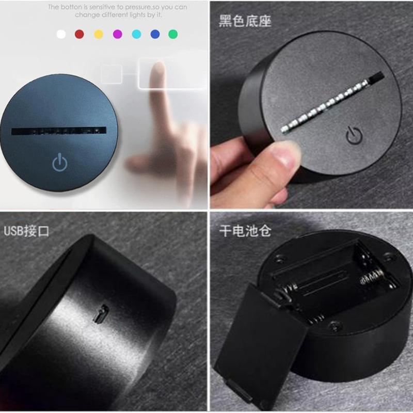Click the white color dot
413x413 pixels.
point(61,34)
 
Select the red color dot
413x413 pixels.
point(80,34)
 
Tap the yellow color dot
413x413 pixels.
point(99,34)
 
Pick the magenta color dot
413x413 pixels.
point(118,34)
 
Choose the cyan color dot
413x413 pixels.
point(136,34)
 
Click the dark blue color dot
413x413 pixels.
point(155,34)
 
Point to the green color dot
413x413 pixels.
point(173,34)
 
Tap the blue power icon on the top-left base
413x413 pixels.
point(60,162)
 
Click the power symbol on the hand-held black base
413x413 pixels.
point(354,135)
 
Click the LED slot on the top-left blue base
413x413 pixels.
point(59,131)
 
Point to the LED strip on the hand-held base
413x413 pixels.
point(332,102)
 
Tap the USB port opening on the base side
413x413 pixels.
point(101,313)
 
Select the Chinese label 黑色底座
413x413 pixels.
point(245,21)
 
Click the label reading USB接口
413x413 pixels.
point(26,231)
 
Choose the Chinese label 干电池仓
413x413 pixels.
point(245,231)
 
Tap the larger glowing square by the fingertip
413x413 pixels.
point(172,73)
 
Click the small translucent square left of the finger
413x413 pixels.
point(112,74)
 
